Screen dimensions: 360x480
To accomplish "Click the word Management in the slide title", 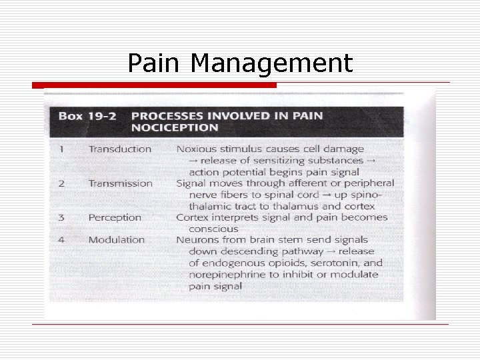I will click(271, 65).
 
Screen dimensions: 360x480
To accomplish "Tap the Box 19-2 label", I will click(87, 115).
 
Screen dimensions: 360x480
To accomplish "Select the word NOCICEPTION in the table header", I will click(175, 127).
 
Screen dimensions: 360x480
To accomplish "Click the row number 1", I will click(61, 149).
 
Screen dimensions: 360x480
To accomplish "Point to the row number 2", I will click(61, 183).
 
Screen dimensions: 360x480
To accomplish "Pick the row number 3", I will click(61, 217).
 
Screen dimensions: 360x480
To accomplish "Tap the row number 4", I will click(61, 239).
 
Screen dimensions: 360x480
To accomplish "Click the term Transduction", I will click(120, 149).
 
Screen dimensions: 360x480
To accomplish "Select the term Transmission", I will click(121, 183).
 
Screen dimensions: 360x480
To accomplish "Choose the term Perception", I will click(115, 217).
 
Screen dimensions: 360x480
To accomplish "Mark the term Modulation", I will click(117, 239).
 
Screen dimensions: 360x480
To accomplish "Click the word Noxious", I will click(198, 149).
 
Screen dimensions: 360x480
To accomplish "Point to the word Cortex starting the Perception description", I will click(192, 217).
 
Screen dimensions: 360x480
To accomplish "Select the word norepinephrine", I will click(226, 275).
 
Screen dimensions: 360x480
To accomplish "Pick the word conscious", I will click(211, 229).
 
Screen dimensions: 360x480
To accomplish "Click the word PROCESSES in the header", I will click(169, 115).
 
